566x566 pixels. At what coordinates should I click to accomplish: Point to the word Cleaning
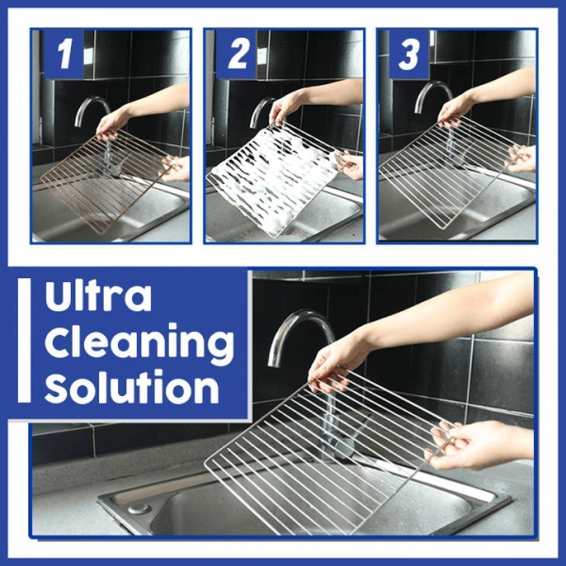139,343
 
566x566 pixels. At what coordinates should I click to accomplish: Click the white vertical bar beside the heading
24,340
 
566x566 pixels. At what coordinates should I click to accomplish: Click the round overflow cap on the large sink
139,508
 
